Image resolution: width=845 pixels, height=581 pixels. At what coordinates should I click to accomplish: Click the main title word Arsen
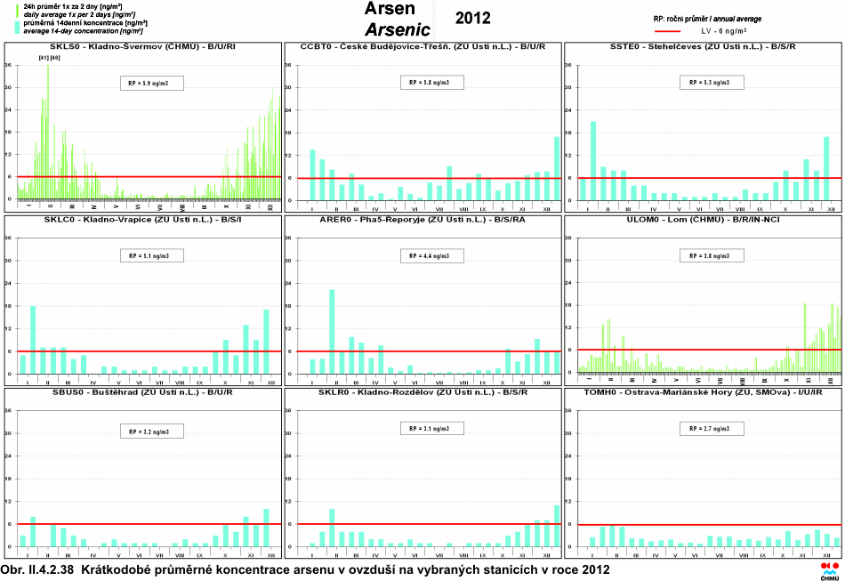(390, 10)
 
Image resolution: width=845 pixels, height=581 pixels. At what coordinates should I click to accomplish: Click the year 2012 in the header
(472, 18)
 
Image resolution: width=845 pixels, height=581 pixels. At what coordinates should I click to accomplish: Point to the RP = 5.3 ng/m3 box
(710, 83)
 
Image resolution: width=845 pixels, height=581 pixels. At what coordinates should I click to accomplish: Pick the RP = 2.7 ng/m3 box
(710, 429)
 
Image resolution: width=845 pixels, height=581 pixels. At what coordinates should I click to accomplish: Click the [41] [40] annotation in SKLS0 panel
(49, 58)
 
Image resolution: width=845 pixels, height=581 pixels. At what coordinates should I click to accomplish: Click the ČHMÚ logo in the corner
(829, 570)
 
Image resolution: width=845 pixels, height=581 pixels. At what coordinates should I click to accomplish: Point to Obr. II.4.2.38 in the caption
(38, 569)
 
